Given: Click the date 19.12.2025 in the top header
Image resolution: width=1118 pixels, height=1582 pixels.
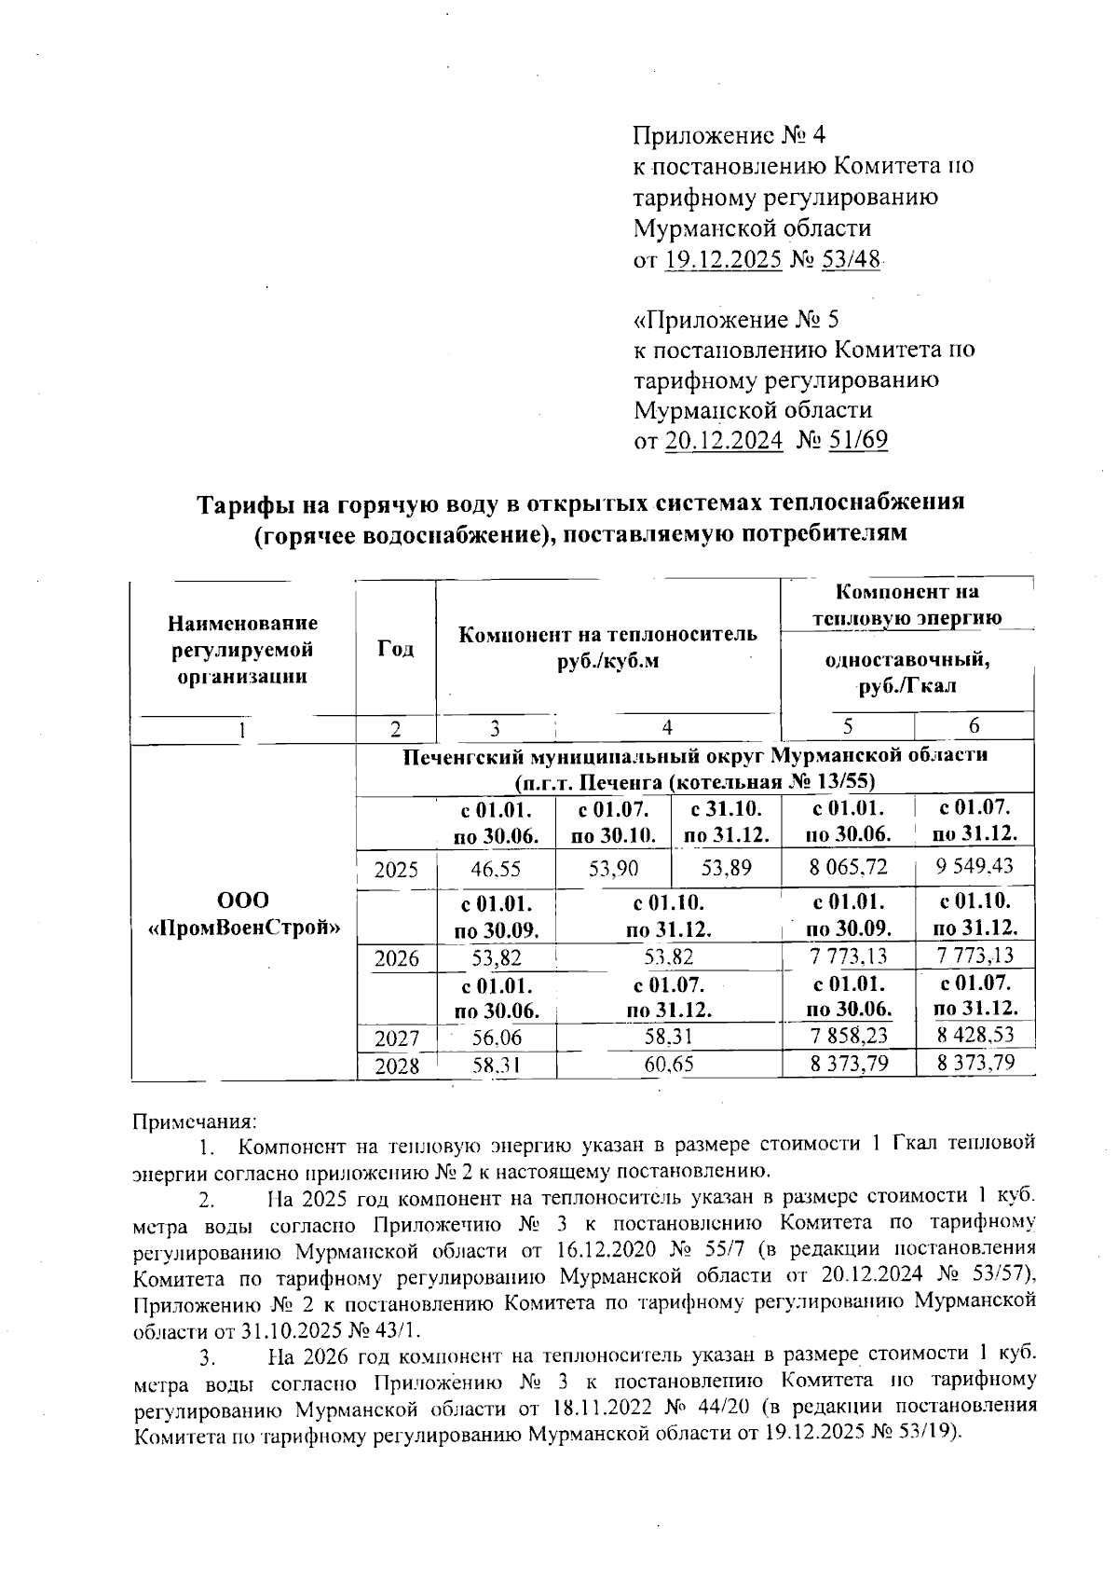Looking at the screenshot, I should point(723,259).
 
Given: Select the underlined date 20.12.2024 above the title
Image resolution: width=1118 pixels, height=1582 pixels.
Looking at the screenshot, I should point(724,440).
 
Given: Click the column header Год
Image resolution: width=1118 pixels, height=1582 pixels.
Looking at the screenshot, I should point(395,648).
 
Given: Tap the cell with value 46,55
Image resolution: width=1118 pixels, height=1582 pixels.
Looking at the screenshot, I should point(496,870).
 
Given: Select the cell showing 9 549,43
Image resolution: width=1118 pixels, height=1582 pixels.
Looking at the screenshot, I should point(975,866).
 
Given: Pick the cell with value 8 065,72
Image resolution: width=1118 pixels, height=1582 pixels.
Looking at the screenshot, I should point(848,868).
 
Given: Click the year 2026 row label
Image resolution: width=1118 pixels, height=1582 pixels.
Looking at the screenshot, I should point(396,957).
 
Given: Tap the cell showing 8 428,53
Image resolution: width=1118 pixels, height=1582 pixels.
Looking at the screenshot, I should point(975,1033).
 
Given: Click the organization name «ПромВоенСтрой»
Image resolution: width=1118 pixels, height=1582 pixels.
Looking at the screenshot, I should point(244,928).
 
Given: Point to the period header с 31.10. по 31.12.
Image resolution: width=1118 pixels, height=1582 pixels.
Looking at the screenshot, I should point(726,821).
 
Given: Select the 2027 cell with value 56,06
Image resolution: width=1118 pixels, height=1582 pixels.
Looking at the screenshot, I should point(496,1037).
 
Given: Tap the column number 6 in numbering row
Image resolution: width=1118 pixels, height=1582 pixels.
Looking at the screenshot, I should point(974,726).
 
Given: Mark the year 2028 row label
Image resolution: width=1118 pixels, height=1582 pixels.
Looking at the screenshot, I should point(396,1066).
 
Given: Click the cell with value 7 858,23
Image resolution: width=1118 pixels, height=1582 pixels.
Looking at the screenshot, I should point(848,1035).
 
